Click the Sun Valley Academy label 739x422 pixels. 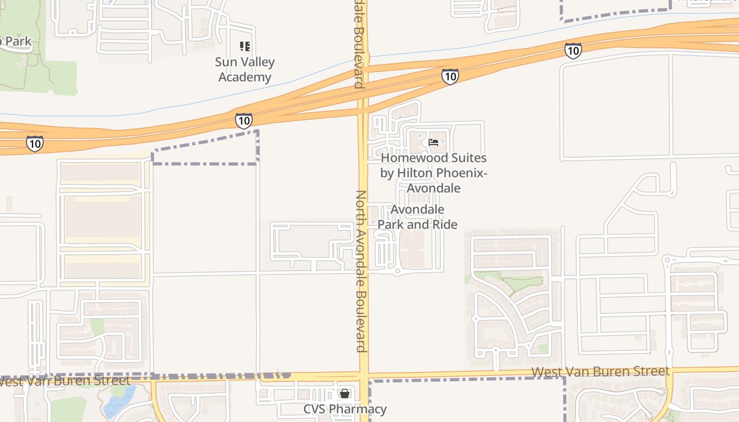click(x=244, y=70)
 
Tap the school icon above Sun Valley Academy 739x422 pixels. click(x=244, y=46)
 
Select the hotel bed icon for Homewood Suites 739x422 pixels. click(x=433, y=142)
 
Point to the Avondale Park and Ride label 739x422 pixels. click(x=417, y=217)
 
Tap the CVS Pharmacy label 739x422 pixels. click(x=345, y=409)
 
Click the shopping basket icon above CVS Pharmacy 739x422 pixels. click(x=345, y=394)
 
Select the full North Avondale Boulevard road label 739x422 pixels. click(x=361, y=271)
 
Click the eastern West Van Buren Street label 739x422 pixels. click(x=600, y=371)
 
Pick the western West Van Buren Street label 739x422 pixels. click(x=64, y=380)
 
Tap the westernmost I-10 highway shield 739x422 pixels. click(x=34, y=143)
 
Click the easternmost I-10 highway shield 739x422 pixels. click(x=573, y=51)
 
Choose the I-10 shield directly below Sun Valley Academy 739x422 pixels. click(x=243, y=121)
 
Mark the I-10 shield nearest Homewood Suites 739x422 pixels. click(x=449, y=76)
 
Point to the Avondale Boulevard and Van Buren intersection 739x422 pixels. click(x=364, y=377)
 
